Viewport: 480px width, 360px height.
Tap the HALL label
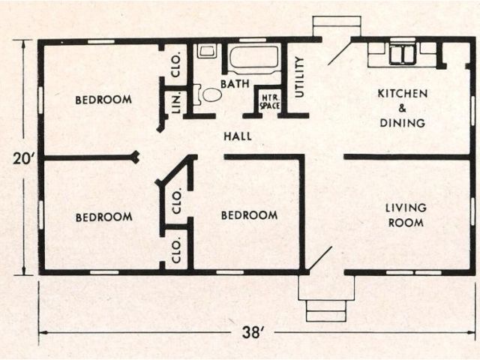(x=238, y=136)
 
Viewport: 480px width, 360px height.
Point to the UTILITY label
(x=299, y=77)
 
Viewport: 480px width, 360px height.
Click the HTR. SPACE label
(x=268, y=102)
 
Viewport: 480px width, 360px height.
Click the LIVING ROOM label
(x=406, y=214)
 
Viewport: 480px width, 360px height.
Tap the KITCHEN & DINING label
(x=403, y=108)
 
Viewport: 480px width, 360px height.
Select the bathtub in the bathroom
(x=253, y=57)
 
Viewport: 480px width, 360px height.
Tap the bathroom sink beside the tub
(x=206, y=52)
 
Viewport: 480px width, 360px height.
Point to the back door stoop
(x=326, y=25)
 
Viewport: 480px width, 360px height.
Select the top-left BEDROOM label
(x=103, y=99)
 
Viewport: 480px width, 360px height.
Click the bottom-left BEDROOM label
(x=103, y=217)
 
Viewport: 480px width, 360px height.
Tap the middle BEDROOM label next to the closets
(x=249, y=215)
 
